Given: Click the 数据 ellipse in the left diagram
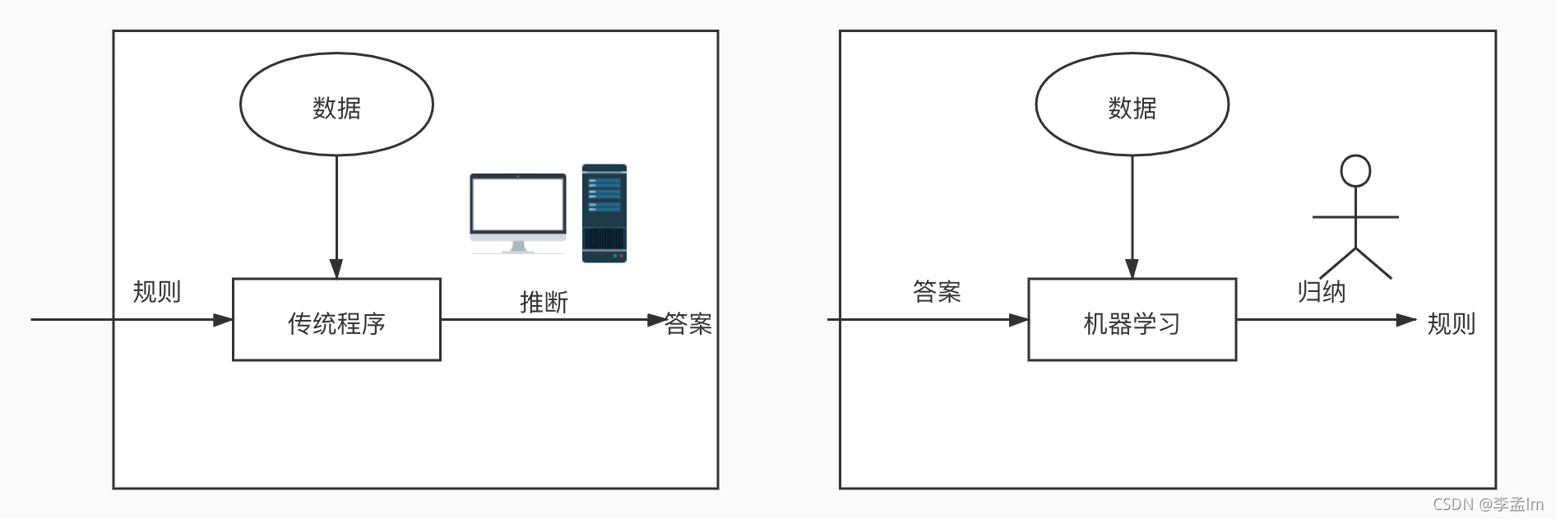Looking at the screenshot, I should [x=336, y=104].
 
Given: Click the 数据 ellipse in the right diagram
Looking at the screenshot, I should [x=1132, y=104].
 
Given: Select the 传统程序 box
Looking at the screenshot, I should [x=336, y=320].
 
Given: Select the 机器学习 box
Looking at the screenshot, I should [x=1132, y=320].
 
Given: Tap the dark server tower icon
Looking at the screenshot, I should [x=604, y=213].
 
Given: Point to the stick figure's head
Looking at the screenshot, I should [x=1355, y=171].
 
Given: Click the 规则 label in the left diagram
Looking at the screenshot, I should [x=156, y=291].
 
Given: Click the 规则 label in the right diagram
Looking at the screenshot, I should [x=1451, y=323].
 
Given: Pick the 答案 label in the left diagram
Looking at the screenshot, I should [x=688, y=323].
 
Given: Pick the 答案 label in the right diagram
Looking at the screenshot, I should [x=937, y=291].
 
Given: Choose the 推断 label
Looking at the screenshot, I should [x=544, y=302].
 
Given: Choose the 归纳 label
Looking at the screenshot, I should [x=1321, y=291].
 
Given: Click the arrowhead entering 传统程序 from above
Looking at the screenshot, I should [x=336, y=269].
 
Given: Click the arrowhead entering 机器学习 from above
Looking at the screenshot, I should [x=1132, y=269].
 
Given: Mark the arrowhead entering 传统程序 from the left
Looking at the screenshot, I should [x=223, y=320].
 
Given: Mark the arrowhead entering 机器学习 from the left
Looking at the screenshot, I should [x=1018, y=320].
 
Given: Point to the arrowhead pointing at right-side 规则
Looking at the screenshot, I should [x=1406, y=320].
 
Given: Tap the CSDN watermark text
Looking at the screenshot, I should [x=1488, y=504].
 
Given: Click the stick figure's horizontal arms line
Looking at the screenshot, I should [x=1355, y=217].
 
